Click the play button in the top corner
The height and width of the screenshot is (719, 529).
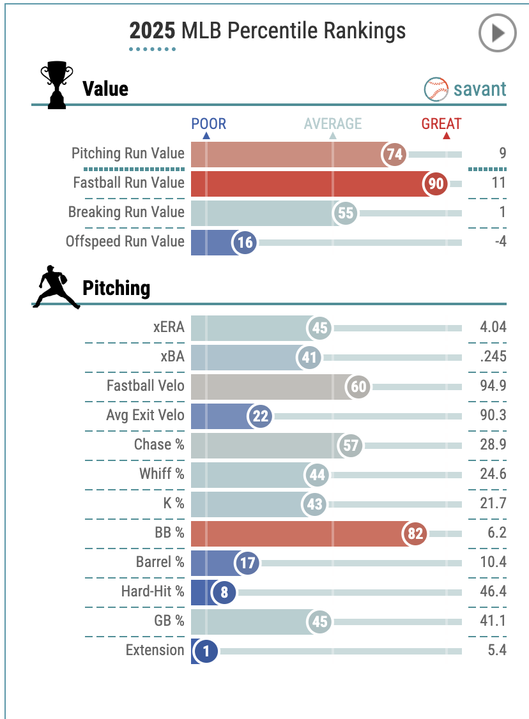(498, 33)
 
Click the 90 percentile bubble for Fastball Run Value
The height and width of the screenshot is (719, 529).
(436, 184)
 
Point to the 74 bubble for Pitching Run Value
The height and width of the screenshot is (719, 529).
(394, 155)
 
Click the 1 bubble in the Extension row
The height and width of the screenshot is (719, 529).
(206, 651)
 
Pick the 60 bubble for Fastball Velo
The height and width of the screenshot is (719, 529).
(358, 387)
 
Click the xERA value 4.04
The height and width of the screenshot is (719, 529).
(493, 328)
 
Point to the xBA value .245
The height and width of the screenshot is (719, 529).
(493, 357)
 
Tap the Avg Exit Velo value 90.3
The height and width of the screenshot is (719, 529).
(493, 416)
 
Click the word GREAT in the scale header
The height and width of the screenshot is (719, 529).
(441, 124)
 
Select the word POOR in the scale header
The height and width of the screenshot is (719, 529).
(209, 124)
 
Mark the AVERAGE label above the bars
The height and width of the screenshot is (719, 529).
(332, 124)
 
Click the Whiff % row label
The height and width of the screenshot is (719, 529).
(162, 474)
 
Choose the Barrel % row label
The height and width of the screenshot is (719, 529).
(159, 563)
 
